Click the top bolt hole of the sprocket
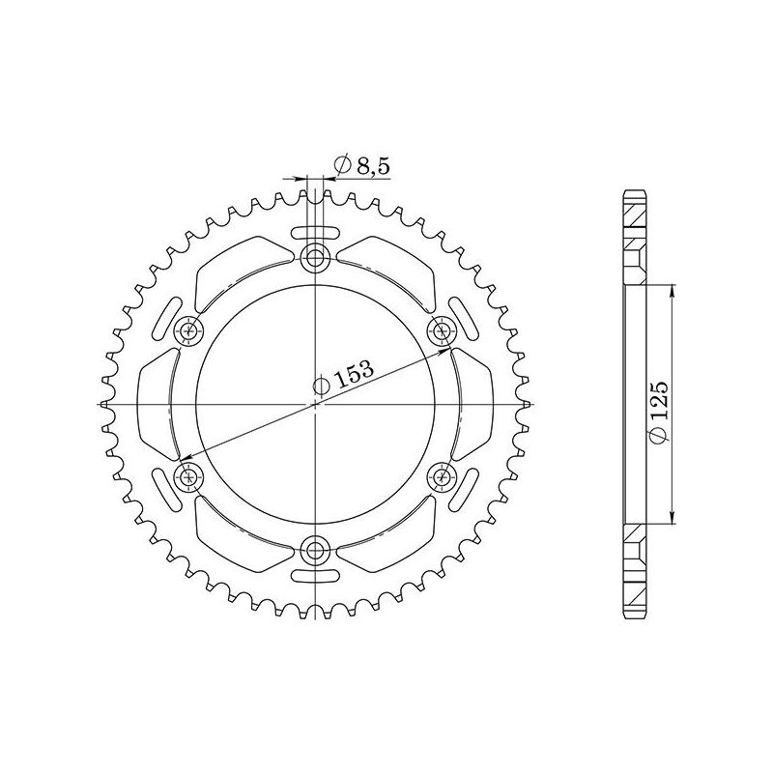click(315, 257)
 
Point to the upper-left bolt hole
click(188, 330)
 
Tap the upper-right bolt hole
click(443, 330)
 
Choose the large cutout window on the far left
click(155, 403)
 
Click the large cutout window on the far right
click(475, 403)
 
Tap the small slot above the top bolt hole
click(315, 231)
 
